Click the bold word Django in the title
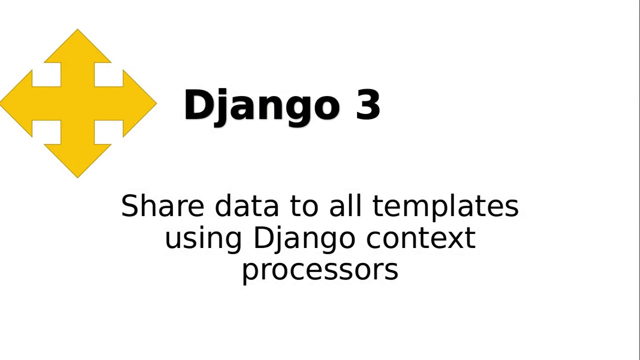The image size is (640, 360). pos(261,105)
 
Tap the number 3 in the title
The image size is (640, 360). pos(368,105)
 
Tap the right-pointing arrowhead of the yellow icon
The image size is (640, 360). pos(145,103)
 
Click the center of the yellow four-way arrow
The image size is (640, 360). pos(77,103)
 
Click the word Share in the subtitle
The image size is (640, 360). pos(162,206)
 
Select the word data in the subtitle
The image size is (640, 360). pos(246,206)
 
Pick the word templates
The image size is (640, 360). pos(445,206)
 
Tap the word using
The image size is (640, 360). pos(203,238)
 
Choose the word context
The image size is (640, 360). pos(420,238)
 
